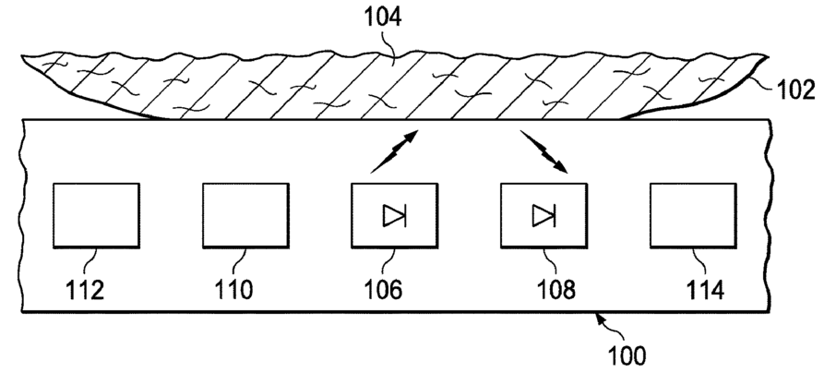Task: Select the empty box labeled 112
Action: tap(96, 216)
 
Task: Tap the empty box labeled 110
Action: tap(245, 216)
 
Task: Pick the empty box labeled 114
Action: tap(693, 216)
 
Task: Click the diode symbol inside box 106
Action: tap(395, 216)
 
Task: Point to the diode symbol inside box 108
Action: tap(543, 216)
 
